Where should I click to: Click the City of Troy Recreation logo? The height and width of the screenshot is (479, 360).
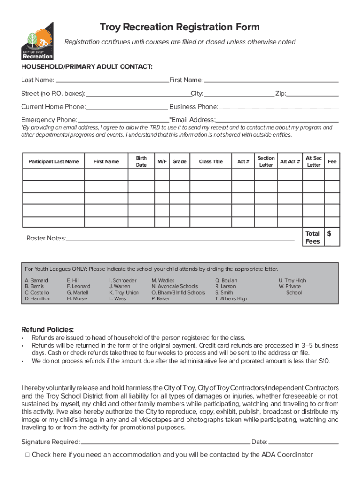pyautogui.click(x=37, y=41)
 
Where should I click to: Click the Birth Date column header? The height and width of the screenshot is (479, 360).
pyautogui.click(x=141, y=162)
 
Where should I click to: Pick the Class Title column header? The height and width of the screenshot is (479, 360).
pyautogui.click(x=210, y=162)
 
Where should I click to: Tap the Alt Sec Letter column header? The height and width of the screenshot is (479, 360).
pyautogui.click(x=313, y=162)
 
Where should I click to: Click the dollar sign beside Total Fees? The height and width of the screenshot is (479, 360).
pyautogui.click(x=329, y=233)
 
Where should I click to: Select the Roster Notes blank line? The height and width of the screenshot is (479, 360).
pyautogui.click(x=180, y=239)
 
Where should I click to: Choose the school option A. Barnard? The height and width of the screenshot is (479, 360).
pyautogui.click(x=36, y=281)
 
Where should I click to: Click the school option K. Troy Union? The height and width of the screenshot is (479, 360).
pyautogui.click(x=124, y=293)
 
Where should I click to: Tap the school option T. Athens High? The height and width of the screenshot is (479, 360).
pyautogui.click(x=231, y=299)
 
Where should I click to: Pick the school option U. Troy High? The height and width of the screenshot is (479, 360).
pyautogui.click(x=292, y=281)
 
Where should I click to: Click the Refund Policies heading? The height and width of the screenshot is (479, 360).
pyautogui.click(x=48, y=329)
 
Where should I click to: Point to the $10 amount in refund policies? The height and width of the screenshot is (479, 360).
pyautogui.click(x=324, y=361)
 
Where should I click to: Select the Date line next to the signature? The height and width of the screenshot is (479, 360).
pyautogui.click(x=304, y=442)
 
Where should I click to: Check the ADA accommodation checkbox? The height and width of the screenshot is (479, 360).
pyautogui.click(x=28, y=455)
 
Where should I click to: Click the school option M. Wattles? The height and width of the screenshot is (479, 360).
pyautogui.click(x=163, y=281)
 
